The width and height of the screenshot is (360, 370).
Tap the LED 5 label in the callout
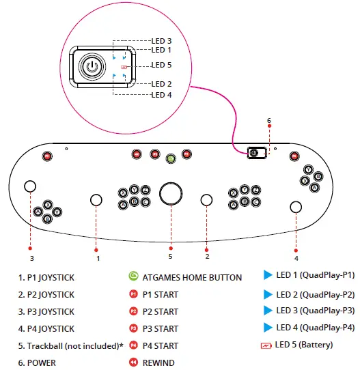click(x=161, y=66)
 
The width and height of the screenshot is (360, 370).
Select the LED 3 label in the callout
click(x=161, y=41)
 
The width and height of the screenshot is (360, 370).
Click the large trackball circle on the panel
click(x=170, y=193)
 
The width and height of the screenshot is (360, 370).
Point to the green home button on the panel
click(x=170, y=158)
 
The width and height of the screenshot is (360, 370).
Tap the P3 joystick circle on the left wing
click(x=30, y=186)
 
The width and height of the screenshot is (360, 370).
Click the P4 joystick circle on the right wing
click(x=296, y=207)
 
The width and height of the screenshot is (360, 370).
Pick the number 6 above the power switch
click(x=268, y=121)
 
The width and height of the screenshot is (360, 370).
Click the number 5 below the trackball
click(x=170, y=257)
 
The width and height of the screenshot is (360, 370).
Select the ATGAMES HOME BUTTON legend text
click(x=193, y=277)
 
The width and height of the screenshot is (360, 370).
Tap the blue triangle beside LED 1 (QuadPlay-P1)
click(x=268, y=276)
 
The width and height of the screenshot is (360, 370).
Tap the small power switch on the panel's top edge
click(x=254, y=153)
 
